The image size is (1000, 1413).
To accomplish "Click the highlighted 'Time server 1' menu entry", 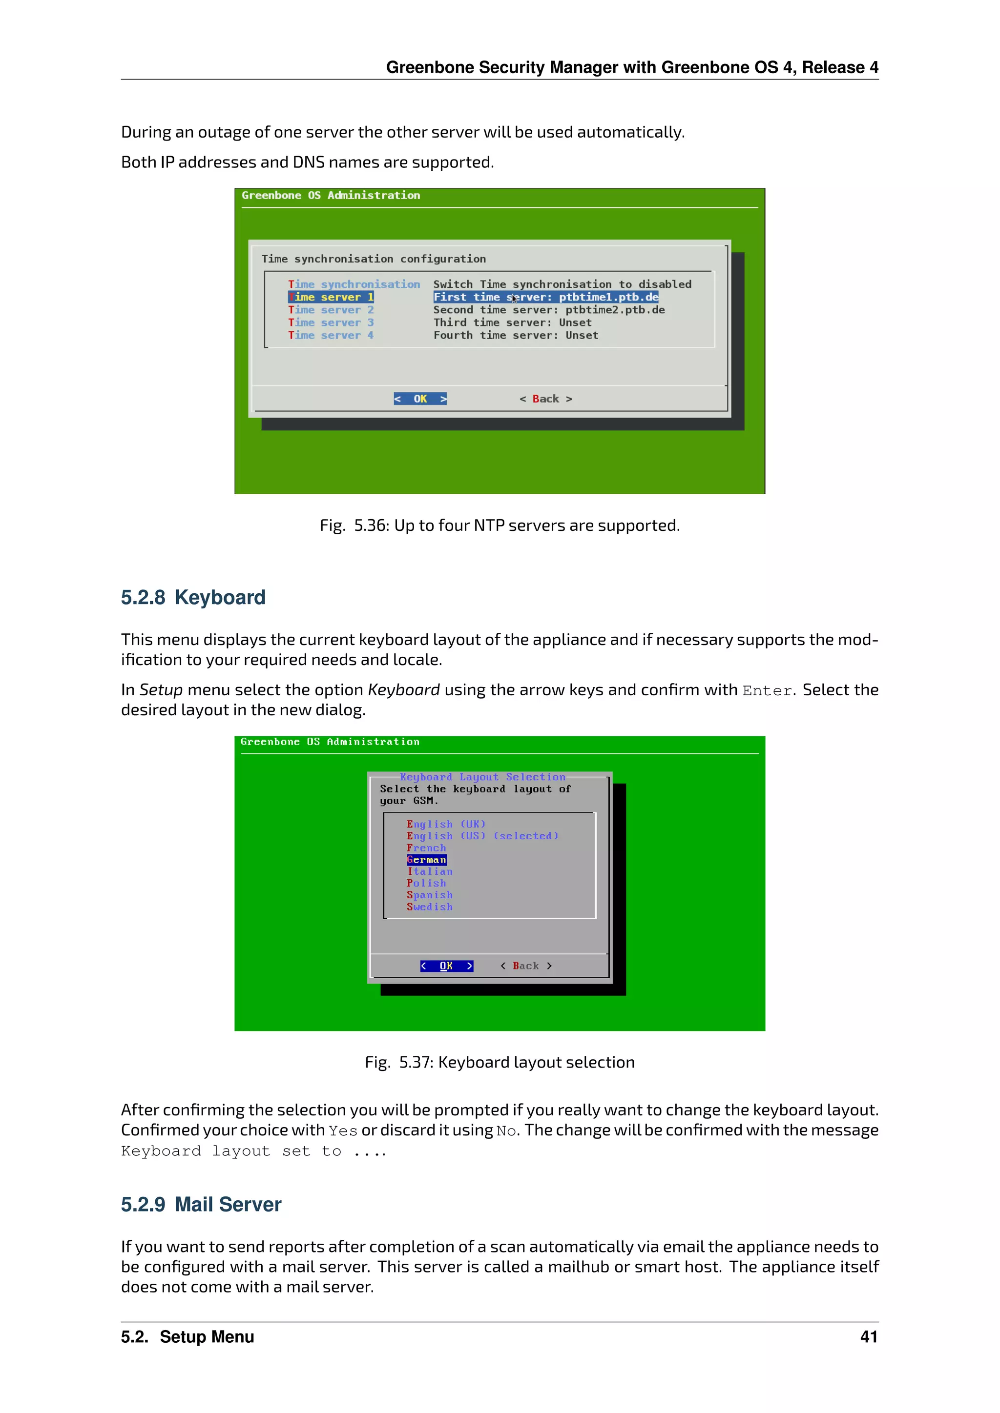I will tap(331, 297).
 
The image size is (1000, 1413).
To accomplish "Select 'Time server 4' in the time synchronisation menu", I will tap(331, 335).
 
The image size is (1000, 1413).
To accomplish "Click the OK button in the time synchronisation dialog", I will tap(420, 399).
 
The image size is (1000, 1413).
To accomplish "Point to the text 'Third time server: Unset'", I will tap(512, 323).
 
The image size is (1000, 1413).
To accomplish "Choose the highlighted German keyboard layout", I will tap(426, 860).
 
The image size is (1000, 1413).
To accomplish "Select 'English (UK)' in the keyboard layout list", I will tap(446, 824).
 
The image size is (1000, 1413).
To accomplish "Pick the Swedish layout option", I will tap(429, 907).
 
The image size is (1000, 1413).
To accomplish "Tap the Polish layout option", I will tap(426, 883).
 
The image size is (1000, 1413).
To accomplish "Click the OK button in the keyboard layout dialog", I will tap(446, 966).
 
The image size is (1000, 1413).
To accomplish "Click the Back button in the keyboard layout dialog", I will tap(525, 966).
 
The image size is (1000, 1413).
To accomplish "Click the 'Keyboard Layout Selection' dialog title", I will tap(482, 777).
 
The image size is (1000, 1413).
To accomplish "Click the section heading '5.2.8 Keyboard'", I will tap(193, 598).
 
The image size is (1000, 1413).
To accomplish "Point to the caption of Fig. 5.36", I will tap(500, 525).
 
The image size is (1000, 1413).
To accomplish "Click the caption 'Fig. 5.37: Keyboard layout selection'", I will tap(500, 1062).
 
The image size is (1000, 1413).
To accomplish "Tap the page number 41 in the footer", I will tap(868, 1337).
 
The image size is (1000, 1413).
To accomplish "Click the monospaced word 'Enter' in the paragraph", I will tap(767, 691).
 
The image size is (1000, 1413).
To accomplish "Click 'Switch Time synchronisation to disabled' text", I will tap(562, 284).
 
